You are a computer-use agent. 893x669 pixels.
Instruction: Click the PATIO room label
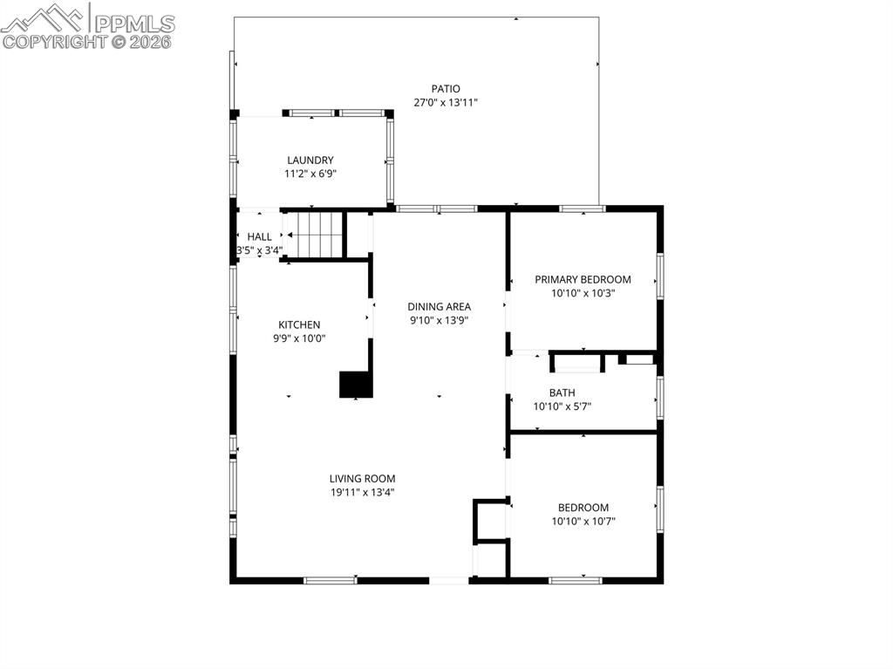pos(445,88)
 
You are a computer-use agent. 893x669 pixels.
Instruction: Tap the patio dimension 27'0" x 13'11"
pos(445,102)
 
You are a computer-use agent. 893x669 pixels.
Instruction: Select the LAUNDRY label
pos(310,160)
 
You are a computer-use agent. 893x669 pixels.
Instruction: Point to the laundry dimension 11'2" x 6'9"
pos(310,174)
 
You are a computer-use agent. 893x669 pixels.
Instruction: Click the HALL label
pos(259,236)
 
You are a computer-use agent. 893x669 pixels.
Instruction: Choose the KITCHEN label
pos(299,324)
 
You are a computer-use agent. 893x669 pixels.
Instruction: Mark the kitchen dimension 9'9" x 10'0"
pos(299,338)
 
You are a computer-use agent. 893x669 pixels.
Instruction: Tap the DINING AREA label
pos(440,306)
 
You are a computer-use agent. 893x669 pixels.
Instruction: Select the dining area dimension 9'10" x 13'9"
pos(440,320)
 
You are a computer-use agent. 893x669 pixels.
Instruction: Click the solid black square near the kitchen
pos(356,385)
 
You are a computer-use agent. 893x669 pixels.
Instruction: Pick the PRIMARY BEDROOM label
pos(583,279)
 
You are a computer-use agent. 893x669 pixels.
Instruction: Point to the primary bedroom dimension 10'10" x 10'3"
pos(583,293)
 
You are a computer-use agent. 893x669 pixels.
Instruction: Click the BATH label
pos(562,393)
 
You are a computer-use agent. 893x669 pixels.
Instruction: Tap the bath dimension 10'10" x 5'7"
pos(562,406)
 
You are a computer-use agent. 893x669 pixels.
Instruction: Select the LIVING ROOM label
pos(362,478)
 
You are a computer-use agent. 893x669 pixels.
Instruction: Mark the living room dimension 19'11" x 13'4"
pos(362,492)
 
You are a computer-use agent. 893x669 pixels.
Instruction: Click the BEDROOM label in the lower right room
pos(583,508)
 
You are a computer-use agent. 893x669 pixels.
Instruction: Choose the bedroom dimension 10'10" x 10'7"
pos(583,522)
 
